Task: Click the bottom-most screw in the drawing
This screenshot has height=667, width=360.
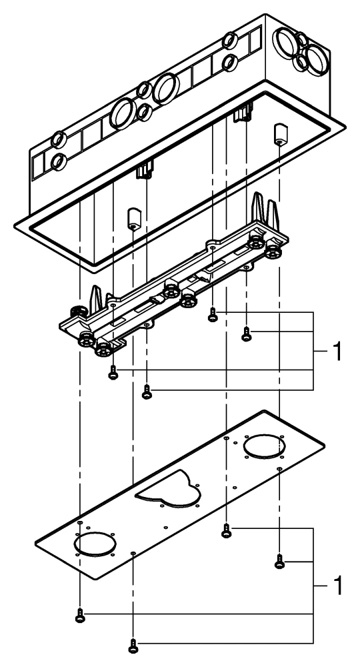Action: click(133, 644)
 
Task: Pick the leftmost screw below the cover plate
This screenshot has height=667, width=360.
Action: click(80, 617)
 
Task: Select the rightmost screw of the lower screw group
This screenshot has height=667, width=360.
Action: click(279, 563)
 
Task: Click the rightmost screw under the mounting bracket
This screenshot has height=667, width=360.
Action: click(246, 335)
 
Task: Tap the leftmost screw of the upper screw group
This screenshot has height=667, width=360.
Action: click(113, 374)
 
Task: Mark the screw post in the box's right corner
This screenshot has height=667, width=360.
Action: click(279, 135)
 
